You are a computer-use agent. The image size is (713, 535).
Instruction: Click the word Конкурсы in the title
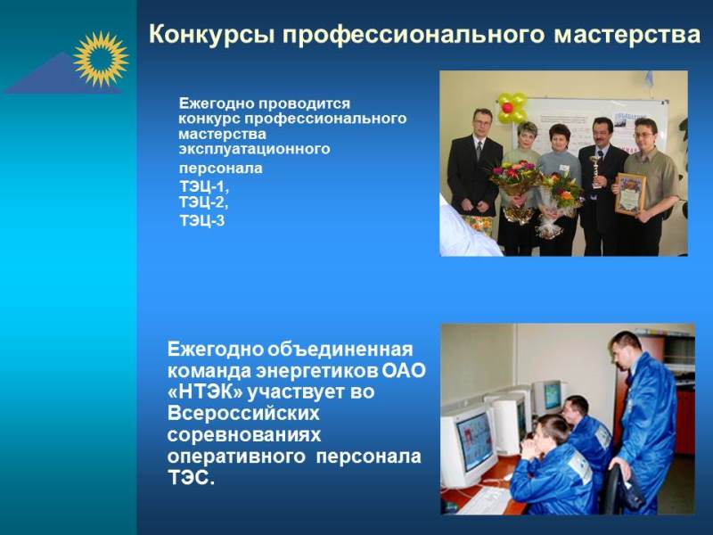(x=211, y=35)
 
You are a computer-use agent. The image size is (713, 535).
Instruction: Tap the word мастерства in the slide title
(x=627, y=34)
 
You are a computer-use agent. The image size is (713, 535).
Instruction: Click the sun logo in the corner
(x=101, y=59)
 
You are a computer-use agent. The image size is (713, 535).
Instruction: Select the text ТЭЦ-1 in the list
(x=203, y=186)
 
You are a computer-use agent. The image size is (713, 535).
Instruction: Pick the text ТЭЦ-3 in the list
(x=202, y=220)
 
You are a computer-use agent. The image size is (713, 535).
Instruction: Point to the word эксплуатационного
(x=254, y=149)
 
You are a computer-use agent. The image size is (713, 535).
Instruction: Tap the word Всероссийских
(x=243, y=414)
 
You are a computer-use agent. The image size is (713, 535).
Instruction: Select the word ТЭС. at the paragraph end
(x=191, y=478)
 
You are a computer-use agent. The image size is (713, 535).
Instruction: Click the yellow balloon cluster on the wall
(x=512, y=108)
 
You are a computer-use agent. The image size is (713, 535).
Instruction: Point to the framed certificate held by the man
(x=630, y=193)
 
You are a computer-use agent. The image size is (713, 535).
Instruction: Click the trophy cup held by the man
(x=595, y=171)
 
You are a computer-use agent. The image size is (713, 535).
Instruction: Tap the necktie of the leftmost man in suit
(x=479, y=150)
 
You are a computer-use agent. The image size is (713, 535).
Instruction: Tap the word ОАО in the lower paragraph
(x=404, y=371)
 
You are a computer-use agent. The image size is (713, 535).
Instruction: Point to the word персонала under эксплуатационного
(x=220, y=169)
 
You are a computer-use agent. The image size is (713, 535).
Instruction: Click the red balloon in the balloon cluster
(x=507, y=107)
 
